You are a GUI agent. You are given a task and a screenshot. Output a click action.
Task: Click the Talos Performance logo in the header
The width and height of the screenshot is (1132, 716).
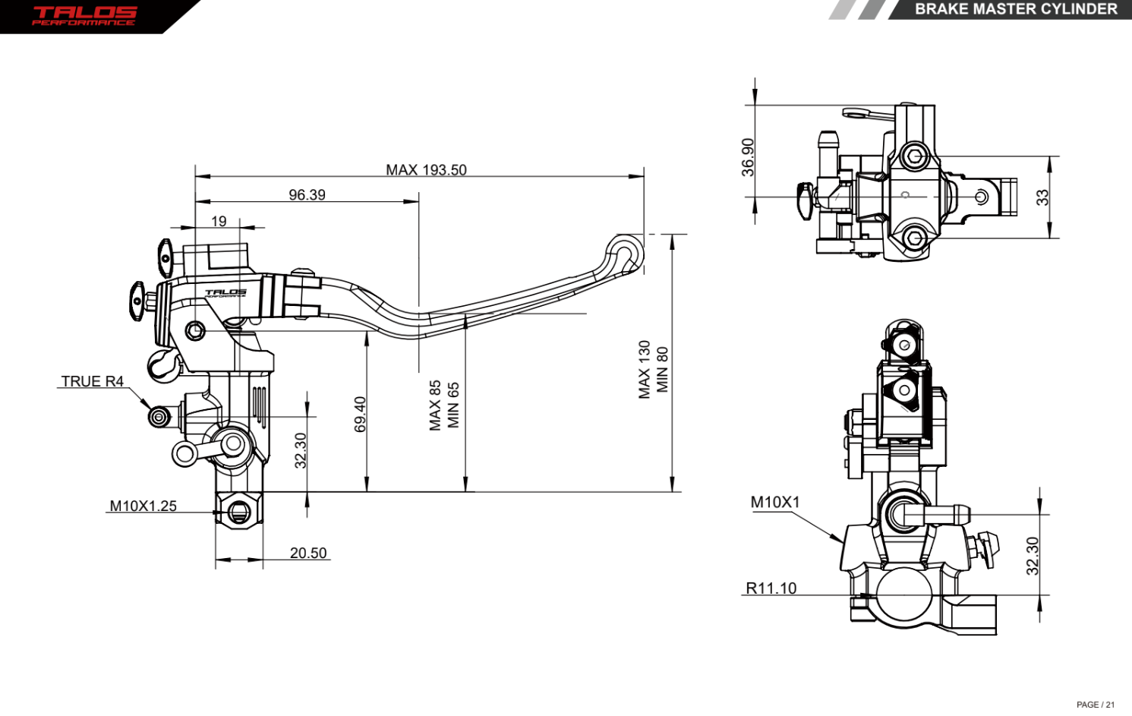tap(84, 15)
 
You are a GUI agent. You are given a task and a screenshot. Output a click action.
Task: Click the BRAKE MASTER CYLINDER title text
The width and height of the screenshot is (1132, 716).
tap(1015, 9)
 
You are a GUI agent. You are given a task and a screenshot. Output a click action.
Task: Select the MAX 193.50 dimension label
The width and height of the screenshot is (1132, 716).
tap(426, 170)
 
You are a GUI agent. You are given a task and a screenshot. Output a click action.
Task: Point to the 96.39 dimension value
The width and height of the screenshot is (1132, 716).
tap(307, 195)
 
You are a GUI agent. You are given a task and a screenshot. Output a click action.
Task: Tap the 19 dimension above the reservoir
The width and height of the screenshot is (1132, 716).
tap(219, 222)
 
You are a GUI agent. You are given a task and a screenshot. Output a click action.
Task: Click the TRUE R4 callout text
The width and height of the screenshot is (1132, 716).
tap(92, 381)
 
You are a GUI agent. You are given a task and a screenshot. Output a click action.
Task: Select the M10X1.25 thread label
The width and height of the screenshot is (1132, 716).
tap(143, 506)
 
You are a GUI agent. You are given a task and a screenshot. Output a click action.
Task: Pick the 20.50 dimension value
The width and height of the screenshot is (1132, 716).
tap(308, 554)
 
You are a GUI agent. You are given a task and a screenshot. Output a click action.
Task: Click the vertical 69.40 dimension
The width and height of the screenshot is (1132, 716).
tap(360, 414)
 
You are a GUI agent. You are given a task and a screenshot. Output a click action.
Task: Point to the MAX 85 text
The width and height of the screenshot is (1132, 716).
tap(435, 405)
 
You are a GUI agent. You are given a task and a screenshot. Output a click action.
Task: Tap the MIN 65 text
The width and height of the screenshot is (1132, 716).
tap(453, 405)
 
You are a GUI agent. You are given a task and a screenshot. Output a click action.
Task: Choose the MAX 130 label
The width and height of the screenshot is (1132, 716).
tap(645, 370)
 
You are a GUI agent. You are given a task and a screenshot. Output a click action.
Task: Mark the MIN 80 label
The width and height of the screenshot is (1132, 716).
tap(663, 370)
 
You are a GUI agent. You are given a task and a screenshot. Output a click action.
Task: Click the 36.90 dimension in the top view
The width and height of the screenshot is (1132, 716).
tap(748, 157)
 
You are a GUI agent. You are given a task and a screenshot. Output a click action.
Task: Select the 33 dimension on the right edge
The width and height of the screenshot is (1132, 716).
tap(1042, 197)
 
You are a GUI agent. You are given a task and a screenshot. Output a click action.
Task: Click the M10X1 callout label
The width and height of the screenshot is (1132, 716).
tap(774, 502)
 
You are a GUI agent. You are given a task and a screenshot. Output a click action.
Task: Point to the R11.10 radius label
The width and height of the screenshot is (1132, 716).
tap(771, 588)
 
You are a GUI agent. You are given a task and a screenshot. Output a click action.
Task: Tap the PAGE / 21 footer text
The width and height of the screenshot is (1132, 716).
tap(1095, 705)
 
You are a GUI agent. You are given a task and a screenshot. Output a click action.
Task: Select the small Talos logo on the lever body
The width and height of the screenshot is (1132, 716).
tap(225, 293)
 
